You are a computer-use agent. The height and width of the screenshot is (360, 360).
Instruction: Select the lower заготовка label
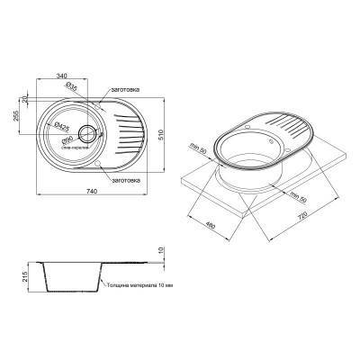(120, 181)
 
